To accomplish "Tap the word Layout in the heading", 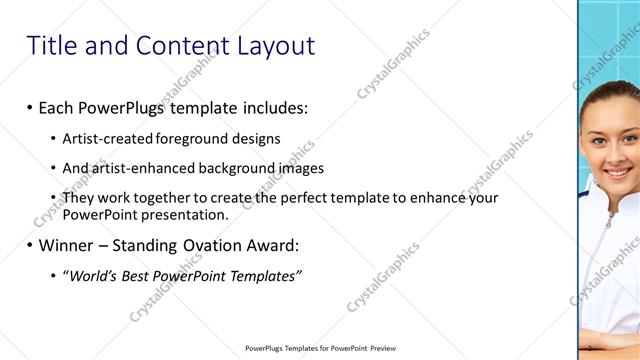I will (x=275, y=46).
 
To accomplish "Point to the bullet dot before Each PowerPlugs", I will (x=30, y=107).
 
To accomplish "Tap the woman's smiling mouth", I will (x=618, y=174).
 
